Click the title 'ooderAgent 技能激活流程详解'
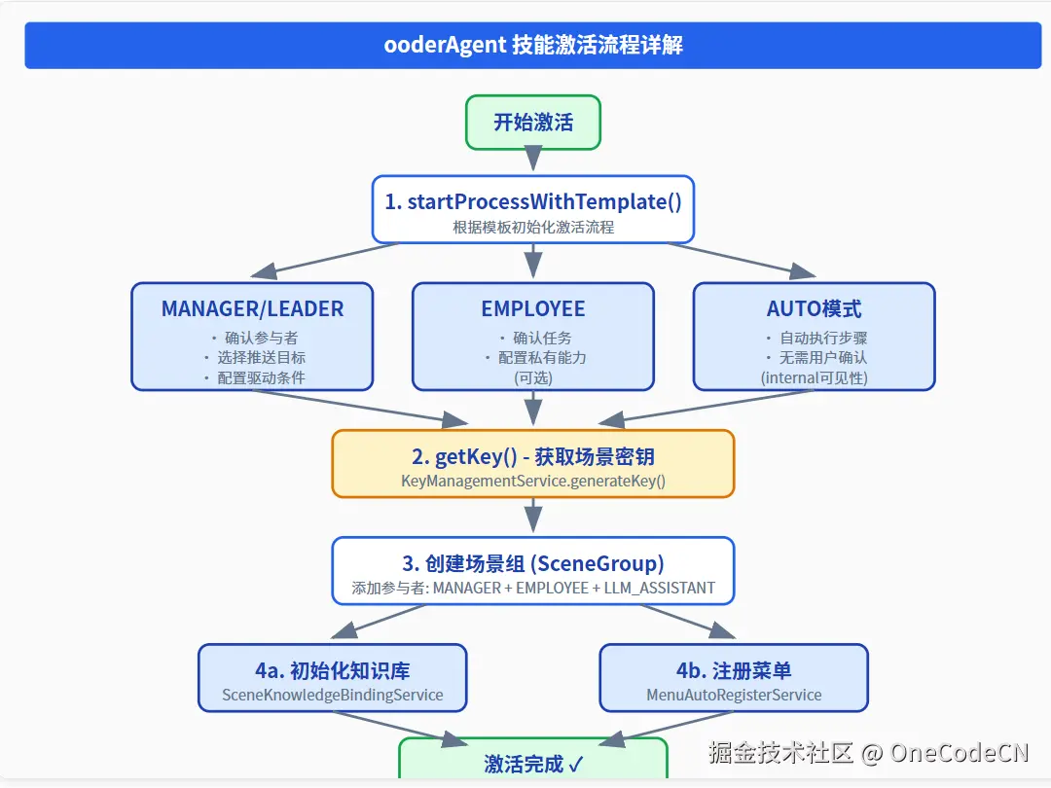click(x=532, y=46)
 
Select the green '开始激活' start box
click(x=532, y=123)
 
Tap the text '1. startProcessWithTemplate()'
click(x=532, y=201)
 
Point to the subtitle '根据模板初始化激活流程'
click(x=532, y=227)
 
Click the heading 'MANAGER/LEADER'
click(x=252, y=309)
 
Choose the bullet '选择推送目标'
click(x=261, y=357)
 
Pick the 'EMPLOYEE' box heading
click(x=532, y=309)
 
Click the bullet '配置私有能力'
click(x=541, y=357)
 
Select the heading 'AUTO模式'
click(x=814, y=309)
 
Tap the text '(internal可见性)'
click(x=814, y=377)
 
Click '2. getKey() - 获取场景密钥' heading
click(x=532, y=457)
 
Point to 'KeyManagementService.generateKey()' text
click(x=532, y=481)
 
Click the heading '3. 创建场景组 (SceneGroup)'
click(x=532, y=563)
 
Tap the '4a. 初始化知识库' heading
click(x=332, y=670)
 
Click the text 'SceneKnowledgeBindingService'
click(x=332, y=695)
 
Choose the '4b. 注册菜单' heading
click(x=734, y=670)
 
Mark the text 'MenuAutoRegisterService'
click(x=734, y=695)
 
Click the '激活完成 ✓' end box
click(x=532, y=764)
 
